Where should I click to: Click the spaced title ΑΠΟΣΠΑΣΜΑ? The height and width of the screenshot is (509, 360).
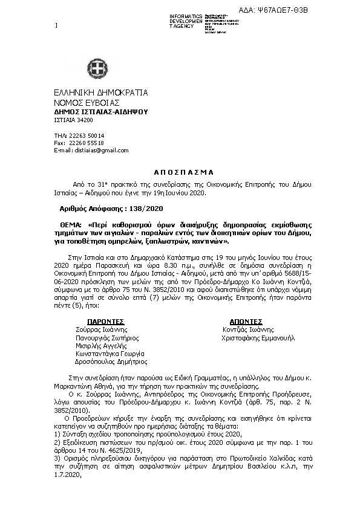(180, 172)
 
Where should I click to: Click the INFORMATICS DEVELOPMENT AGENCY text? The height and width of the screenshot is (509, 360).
(186, 21)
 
